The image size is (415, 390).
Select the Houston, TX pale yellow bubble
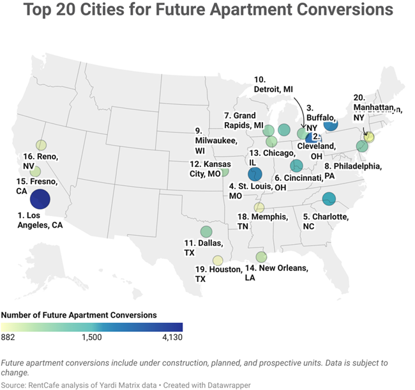point(218,260)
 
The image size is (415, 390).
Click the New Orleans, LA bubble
point(260,257)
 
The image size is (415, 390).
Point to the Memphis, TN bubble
point(259,207)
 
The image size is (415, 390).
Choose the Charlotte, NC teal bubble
point(329,198)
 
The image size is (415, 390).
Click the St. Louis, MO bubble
point(255,173)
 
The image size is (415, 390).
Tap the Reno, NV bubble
point(41,145)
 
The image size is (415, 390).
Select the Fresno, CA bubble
point(35,171)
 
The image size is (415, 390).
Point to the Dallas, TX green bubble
point(206,231)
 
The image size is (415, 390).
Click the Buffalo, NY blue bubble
point(330,125)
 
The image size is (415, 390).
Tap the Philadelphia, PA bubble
point(362,146)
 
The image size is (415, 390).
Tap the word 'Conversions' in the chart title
point(333,11)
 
